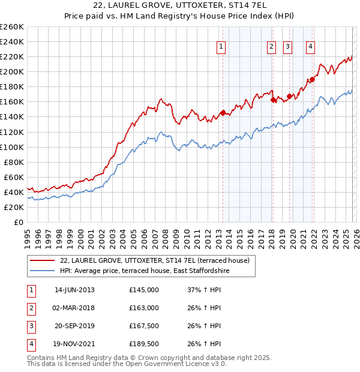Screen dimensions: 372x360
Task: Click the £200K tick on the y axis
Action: pyautogui.click(x=12, y=71)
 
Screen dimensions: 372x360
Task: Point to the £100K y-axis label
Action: pyautogui.click(x=12, y=147)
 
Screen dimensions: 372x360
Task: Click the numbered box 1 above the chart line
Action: pyautogui.click(x=221, y=46)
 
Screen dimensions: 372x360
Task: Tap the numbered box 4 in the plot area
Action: pyautogui.click(x=311, y=46)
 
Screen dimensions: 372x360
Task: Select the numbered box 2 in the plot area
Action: pyautogui.click(x=271, y=46)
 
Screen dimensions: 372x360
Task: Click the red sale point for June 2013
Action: pyautogui.click(x=223, y=113)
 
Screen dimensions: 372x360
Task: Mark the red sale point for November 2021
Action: pyautogui.click(x=312, y=79)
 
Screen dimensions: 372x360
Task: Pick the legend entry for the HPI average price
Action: pyautogui.click(x=145, y=271)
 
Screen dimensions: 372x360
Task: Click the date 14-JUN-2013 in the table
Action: pyautogui.click(x=74, y=290)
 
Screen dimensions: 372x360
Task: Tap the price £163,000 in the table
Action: pyautogui.click(x=144, y=308)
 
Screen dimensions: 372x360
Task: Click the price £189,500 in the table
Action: pyautogui.click(x=144, y=344)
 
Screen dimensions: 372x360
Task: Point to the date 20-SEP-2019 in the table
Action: pyautogui.click(x=74, y=326)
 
